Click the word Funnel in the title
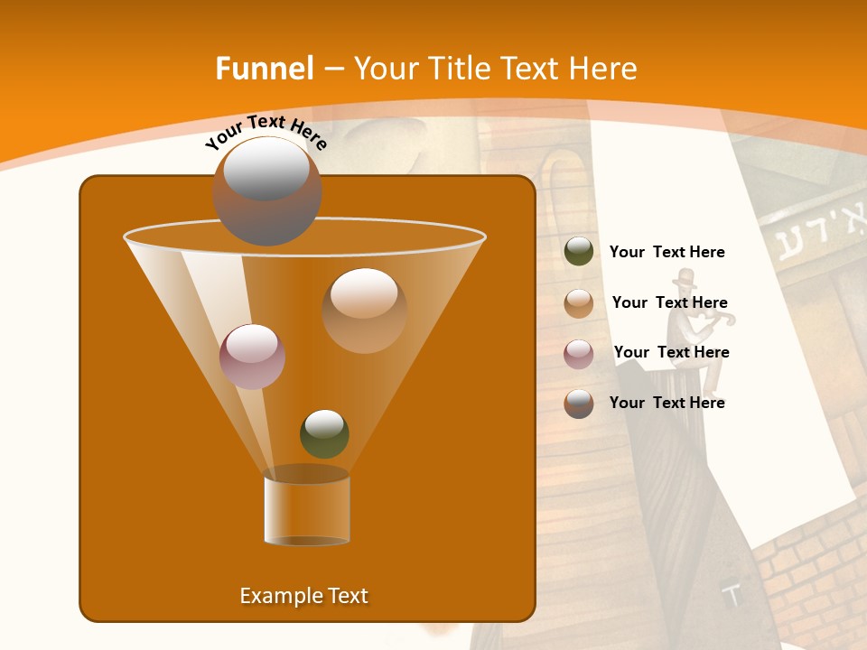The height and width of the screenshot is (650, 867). pyautogui.click(x=265, y=69)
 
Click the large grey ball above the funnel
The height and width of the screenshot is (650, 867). pyautogui.click(x=266, y=190)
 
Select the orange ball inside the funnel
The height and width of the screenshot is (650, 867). pyautogui.click(x=364, y=310)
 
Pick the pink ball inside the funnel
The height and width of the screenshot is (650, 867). pyautogui.click(x=252, y=356)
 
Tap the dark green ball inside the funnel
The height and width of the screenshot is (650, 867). pyautogui.click(x=324, y=433)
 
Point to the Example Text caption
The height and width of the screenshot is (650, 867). pyautogui.click(x=303, y=596)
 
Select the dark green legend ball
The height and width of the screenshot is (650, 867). pyautogui.click(x=579, y=252)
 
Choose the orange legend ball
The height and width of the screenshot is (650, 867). pyautogui.click(x=579, y=302)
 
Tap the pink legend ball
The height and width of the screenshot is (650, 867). pyautogui.click(x=579, y=353)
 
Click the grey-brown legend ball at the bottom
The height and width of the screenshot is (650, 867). pyautogui.click(x=579, y=404)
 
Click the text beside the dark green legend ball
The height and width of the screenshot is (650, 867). pyautogui.click(x=667, y=253)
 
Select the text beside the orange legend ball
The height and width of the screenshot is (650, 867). pyautogui.click(x=669, y=303)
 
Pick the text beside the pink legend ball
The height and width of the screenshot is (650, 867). pyautogui.click(x=671, y=352)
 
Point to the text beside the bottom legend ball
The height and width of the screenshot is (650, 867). pyautogui.click(x=667, y=403)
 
